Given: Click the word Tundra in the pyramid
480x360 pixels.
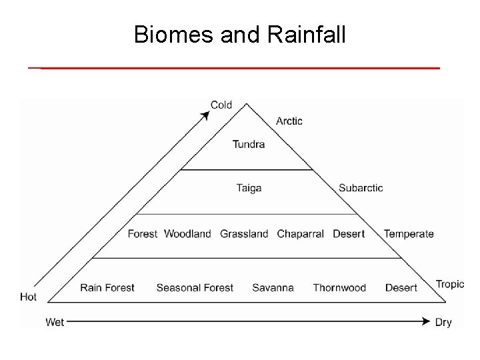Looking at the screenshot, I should click(x=249, y=144).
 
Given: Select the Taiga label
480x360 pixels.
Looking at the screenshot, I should click(x=249, y=188).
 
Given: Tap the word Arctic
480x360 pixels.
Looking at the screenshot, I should click(x=289, y=121).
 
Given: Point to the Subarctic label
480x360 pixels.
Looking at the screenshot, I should click(x=361, y=188).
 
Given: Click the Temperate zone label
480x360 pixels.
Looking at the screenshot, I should click(x=409, y=234).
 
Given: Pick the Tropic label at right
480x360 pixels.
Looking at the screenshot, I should click(x=450, y=284).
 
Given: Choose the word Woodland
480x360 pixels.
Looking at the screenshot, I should click(x=187, y=234).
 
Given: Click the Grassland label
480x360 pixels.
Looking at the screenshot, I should click(x=244, y=234).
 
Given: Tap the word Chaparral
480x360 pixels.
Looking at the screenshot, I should click(x=300, y=234).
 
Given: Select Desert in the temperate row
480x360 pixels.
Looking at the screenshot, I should click(x=349, y=234).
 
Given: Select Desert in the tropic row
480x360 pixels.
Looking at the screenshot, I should click(x=401, y=288).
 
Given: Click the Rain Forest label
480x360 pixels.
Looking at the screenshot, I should click(x=107, y=288).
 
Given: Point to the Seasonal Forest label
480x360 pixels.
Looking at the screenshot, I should click(x=195, y=288).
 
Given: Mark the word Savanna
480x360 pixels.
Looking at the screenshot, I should click(x=273, y=288).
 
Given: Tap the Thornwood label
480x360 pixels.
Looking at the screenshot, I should click(x=339, y=288).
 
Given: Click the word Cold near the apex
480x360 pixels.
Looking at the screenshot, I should click(x=221, y=105).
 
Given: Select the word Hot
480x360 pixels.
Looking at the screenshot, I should click(x=29, y=297).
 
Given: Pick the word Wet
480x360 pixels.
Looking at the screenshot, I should click(x=55, y=322).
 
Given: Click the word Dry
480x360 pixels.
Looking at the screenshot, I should click(x=443, y=322).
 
